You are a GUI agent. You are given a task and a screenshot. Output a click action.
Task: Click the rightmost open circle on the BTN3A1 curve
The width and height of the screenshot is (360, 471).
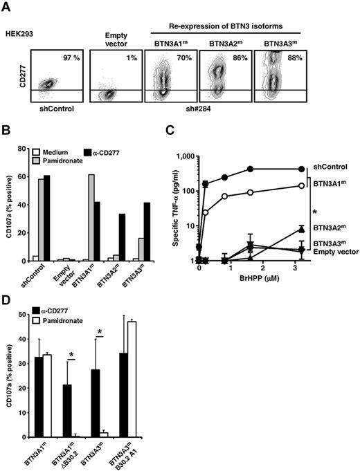tap(300, 185)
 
